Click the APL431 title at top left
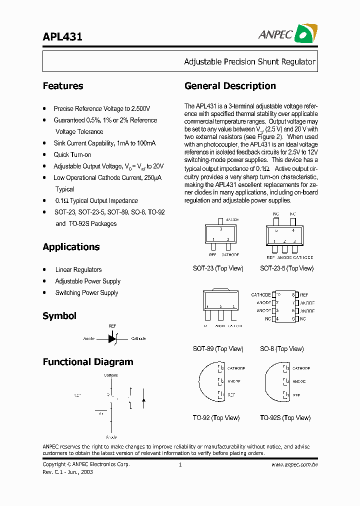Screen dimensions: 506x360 (62, 36)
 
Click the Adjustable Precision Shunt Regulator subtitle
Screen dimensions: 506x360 (249, 62)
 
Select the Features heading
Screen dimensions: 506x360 (63, 86)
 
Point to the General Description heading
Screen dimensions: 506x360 (230, 86)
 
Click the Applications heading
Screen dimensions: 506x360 (71, 247)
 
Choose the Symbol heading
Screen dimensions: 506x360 (59, 316)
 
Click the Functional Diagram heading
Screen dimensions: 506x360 (88, 362)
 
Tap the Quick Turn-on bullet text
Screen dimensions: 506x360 (72, 155)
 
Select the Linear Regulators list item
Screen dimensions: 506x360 (78, 270)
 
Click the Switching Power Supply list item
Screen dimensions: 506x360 (86, 293)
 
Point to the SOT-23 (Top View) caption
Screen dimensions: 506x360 (218, 268)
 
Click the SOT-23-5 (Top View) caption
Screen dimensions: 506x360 (286, 268)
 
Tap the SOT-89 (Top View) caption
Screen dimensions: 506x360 (218, 349)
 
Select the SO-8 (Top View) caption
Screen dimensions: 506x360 (281, 349)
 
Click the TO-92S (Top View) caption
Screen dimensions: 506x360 (285, 418)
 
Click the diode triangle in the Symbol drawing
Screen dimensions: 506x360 (112, 338)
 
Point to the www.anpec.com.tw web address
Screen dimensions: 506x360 (294, 465)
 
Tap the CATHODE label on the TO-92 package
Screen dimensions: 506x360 (236, 368)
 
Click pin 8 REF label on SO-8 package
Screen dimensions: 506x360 (304, 295)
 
